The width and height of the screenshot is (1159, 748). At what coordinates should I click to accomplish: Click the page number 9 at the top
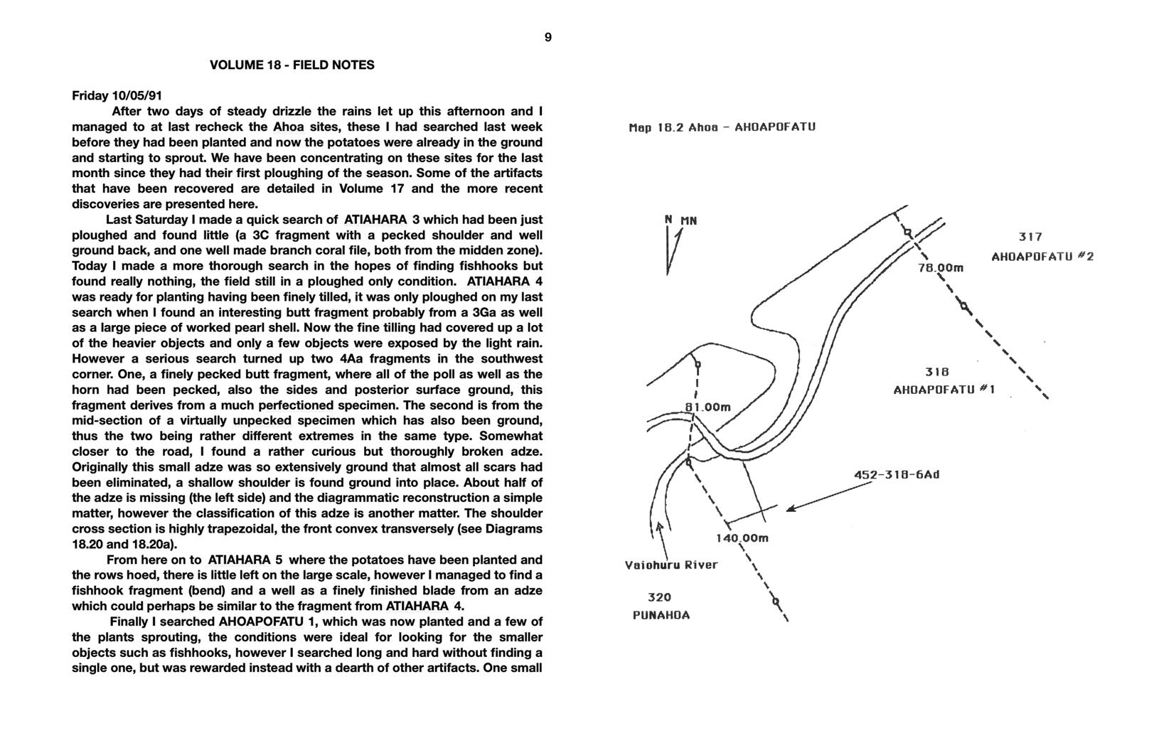(x=548, y=38)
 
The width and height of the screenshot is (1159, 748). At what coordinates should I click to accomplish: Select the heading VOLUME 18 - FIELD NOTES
(x=292, y=65)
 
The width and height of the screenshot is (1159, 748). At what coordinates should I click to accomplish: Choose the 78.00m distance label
(x=940, y=268)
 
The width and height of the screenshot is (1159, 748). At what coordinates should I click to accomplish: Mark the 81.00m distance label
(x=707, y=407)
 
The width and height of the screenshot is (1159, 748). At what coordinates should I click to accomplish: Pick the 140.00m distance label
(x=742, y=538)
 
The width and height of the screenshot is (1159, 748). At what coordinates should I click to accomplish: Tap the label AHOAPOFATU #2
(x=1042, y=257)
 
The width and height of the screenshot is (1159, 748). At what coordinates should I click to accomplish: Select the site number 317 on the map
(x=1030, y=237)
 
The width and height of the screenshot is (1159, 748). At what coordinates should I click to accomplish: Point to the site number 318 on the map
(x=936, y=372)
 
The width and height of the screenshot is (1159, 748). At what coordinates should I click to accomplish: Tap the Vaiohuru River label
(x=671, y=565)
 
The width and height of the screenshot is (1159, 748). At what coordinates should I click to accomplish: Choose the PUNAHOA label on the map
(x=661, y=615)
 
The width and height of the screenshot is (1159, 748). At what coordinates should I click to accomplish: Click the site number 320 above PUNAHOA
(x=659, y=597)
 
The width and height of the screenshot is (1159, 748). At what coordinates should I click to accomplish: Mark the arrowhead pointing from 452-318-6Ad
(x=791, y=508)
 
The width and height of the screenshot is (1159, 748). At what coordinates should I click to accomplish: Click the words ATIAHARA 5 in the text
(x=245, y=560)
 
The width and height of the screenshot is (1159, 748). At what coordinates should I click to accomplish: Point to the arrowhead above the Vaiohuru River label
(x=660, y=527)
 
